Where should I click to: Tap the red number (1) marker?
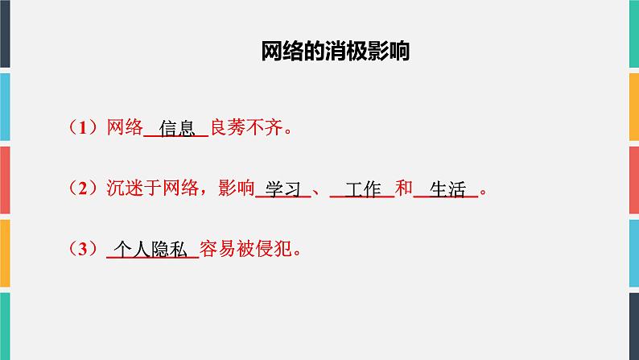tap(82, 127)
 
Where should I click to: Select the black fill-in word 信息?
tap(177, 128)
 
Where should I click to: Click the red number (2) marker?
tap(82, 188)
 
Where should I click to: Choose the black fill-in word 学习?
tap(282, 189)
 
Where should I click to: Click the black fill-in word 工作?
tap(362, 189)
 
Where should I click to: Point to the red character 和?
tap(404, 188)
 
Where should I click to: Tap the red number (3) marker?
tap(82, 250)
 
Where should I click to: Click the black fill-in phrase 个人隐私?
tap(152, 250)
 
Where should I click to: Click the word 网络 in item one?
tap(124, 127)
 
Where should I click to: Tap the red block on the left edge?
tap(5, 178)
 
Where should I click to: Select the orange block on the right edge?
tap(633, 250)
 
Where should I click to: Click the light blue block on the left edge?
tap(5, 105)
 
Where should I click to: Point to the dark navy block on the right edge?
tap(633, 32)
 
